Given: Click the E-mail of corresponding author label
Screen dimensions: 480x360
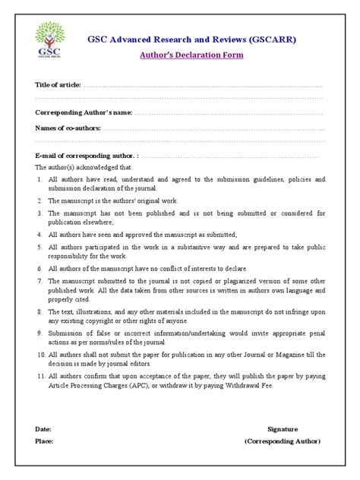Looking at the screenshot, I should pyautogui.click(x=85, y=155).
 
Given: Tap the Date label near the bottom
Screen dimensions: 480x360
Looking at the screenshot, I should pyautogui.click(x=43, y=428).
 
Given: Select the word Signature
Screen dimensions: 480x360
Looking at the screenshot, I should pyautogui.click(x=283, y=428).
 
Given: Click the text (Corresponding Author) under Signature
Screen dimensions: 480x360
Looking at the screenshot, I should pyautogui.click(x=283, y=441).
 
